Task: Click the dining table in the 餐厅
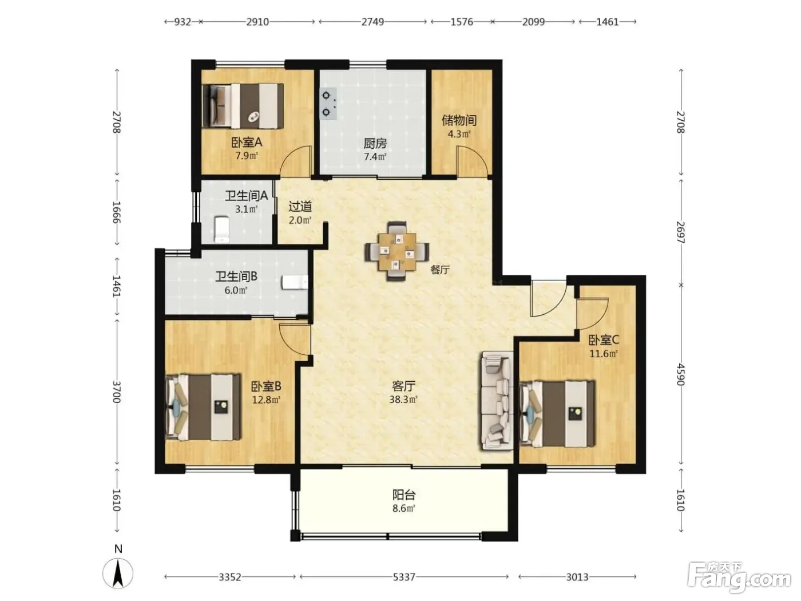[x=397, y=251]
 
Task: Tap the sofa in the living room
[x=497, y=400]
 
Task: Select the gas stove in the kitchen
[x=328, y=104]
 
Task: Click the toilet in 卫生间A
[x=222, y=230]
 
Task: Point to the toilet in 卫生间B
[x=295, y=282]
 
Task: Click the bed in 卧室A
[x=243, y=106]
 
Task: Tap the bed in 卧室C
[x=557, y=413]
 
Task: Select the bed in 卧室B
[x=203, y=406]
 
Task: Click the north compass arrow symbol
[x=117, y=573]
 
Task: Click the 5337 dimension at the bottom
[x=404, y=577]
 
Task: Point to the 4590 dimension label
[x=681, y=374]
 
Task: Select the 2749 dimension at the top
[x=372, y=22]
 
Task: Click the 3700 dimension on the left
[x=116, y=392]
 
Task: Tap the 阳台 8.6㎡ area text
[x=404, y=501]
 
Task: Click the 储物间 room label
[x=459, y=120]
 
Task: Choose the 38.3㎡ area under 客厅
[x=403, y=400]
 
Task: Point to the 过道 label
[x=300, y=207]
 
